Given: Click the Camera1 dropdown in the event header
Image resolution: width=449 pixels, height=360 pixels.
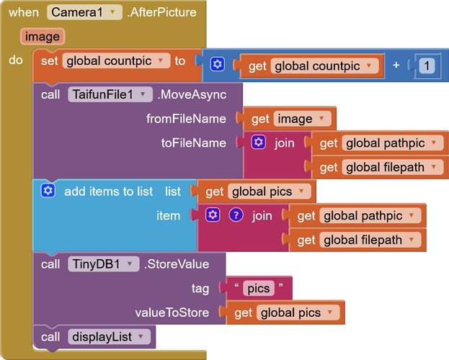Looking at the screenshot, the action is click(x=84, y=12).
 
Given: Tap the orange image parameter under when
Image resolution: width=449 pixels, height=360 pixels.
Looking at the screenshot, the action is click(x=43, y=36).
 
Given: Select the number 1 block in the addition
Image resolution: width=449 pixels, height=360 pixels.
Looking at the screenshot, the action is click(x=427, y=66).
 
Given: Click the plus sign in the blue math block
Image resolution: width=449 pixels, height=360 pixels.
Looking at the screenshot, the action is click(x=396, y=66).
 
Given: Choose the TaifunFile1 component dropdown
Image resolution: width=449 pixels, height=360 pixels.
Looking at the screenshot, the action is click(x=110, y=94).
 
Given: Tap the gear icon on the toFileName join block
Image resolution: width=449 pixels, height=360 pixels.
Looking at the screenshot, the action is click(x=259, y=143).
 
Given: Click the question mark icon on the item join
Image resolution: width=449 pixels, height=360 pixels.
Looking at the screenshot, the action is click(x=236, y=215).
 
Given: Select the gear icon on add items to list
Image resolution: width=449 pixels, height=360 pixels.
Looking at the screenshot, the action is click(x=48, y=191).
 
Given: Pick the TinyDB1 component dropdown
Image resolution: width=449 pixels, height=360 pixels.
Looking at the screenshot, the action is click(x=104, y=264).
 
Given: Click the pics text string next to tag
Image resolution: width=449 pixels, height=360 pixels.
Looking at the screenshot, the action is click(x=259, y=288).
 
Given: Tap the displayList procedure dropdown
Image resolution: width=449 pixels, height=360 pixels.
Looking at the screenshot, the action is click(x=109, y=336).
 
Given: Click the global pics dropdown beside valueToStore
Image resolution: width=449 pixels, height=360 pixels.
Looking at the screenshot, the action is click(x=298, y=312).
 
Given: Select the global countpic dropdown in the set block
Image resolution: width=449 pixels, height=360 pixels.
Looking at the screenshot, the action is click(x=116, y=60).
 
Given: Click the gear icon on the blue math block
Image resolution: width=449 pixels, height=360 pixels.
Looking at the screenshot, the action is click(x=218, y=64).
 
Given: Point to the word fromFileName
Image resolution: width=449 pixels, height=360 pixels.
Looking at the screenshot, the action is click(x=186, y=119).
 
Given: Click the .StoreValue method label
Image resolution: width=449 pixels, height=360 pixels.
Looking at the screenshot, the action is click(x=177, y=264).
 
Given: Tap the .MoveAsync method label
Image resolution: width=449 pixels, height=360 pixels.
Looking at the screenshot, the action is click(x=192, y=94).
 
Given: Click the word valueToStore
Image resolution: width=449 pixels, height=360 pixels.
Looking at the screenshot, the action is click(x=172, y=312).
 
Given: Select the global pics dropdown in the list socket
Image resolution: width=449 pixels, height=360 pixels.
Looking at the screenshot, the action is click(x=269, y=192).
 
